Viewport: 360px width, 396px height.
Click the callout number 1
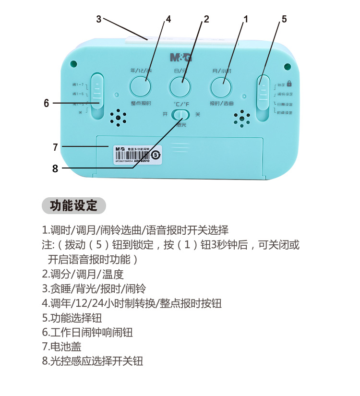pos(246,19)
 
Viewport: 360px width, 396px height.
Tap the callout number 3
pos(98,19)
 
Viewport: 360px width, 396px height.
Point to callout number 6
pos(47,103)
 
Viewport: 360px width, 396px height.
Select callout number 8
pos(55,168)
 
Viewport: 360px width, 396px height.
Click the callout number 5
pos(284,19)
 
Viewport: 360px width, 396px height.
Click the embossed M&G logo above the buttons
pos(181,58)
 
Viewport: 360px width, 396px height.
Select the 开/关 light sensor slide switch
pos(181,115)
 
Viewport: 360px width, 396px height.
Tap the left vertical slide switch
pos(98,96)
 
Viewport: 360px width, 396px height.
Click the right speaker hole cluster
pos(242,118)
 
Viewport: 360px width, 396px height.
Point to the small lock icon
pos(289,83)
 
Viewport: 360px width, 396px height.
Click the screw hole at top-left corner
pos(73,63)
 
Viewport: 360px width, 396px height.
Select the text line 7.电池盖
pos(62,346)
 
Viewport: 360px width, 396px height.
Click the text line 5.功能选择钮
pos(72,318)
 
